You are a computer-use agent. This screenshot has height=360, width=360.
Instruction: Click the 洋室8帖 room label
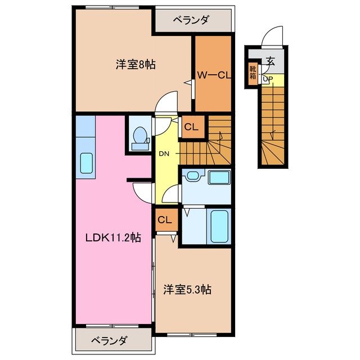[136, 65]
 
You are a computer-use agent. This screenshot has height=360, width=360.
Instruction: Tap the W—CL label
[213, 74]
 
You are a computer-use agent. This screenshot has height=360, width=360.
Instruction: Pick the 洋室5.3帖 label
[187, 290]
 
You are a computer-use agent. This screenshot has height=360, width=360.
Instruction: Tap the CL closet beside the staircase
[191, 127]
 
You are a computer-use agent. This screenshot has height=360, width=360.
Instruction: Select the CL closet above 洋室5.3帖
[165, 219]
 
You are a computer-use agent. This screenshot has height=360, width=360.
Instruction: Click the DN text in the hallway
[164, 154]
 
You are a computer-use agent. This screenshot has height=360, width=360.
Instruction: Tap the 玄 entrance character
[271, 61]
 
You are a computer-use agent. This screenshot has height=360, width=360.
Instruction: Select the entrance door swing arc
[272, 37]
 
